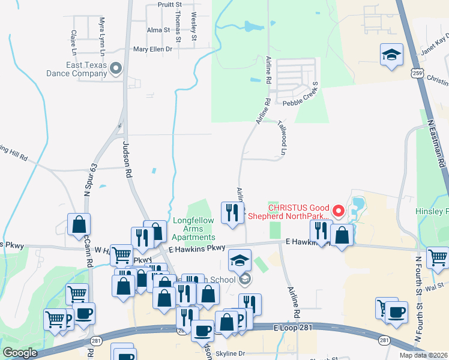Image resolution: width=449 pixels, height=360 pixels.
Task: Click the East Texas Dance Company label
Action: tap(73, 70)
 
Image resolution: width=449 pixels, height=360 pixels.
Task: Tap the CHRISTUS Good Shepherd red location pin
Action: tap(338, 211)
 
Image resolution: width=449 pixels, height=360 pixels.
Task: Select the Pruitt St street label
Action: tap(157, 4)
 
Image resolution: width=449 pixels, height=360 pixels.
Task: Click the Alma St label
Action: tap(158, 29)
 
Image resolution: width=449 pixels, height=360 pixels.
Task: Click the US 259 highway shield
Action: tap(417, 73)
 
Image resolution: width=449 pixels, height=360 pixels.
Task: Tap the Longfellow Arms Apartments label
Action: tap(193, 229)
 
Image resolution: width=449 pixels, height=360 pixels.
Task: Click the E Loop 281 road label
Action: tap(293, 328)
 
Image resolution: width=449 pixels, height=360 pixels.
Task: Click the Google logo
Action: tap(20, 353)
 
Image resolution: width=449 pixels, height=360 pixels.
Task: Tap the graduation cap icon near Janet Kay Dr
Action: tap(391, 55)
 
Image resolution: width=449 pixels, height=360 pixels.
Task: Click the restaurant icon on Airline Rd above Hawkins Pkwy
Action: tap(232, 213)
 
